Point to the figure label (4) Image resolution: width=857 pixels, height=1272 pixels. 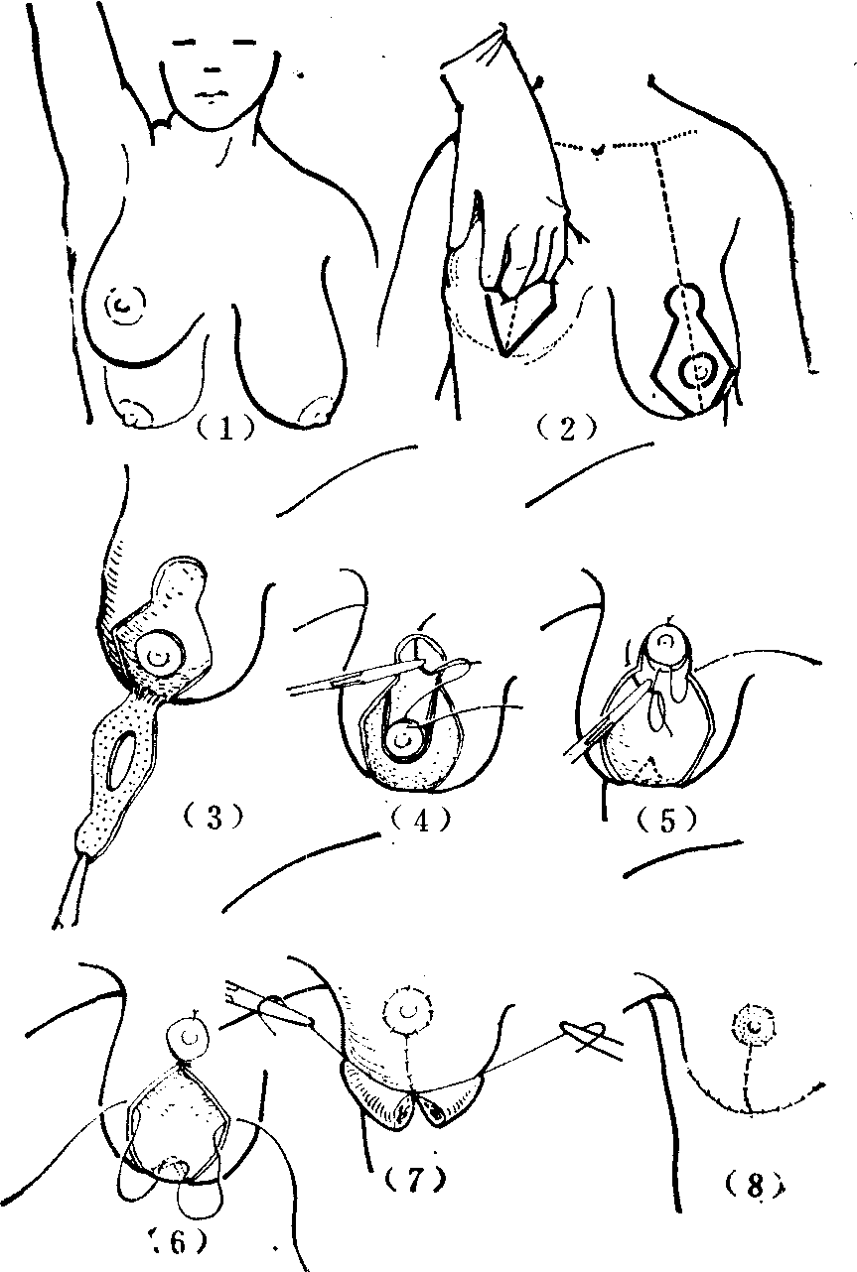pos(421,820)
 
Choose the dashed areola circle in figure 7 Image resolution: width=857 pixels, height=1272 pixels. pos(407,1011)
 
